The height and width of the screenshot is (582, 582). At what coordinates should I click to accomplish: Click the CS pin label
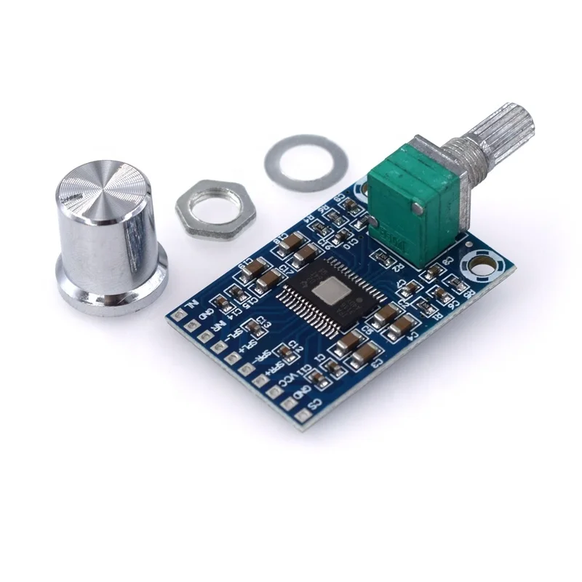(314, 403)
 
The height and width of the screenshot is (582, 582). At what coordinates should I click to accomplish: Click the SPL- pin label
(234, 335)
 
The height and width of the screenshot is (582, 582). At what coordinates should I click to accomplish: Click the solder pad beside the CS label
(303, 415)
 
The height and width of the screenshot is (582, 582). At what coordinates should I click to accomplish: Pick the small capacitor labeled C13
(254, 327)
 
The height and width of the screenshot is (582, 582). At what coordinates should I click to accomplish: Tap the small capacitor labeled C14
(223, 303)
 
